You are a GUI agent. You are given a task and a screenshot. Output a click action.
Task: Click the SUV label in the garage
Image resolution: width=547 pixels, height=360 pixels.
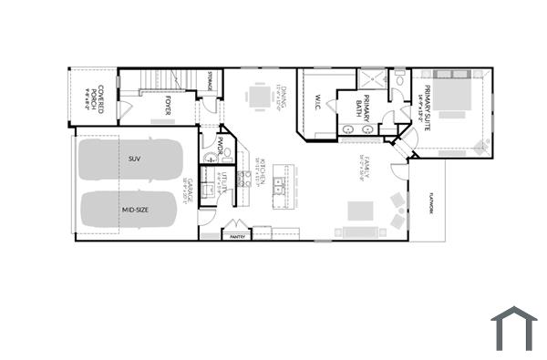(x=134, y=159)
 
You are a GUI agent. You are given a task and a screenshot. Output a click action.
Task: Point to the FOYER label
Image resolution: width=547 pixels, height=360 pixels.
(x=169, y=110)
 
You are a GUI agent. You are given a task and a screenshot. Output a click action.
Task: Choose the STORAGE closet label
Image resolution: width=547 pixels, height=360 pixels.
(x=210, y=81)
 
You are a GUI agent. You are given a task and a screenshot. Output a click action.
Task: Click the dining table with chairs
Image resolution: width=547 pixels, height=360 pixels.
(x=262, y=95)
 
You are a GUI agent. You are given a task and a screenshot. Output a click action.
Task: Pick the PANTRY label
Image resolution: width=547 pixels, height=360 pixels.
(x=238, y=236)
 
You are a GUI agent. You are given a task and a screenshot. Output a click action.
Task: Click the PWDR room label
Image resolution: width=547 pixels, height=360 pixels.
(x=220, y=144)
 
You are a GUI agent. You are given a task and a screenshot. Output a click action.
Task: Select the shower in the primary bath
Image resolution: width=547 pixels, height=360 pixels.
(x=374, y=79)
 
